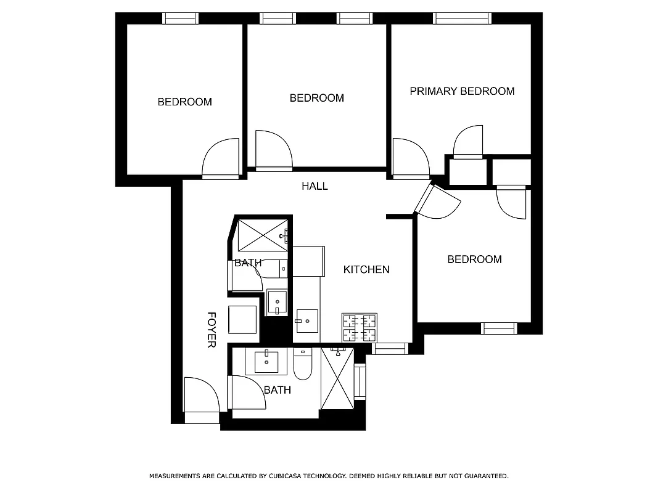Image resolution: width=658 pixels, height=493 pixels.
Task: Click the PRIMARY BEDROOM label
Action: click(x=462, y=91)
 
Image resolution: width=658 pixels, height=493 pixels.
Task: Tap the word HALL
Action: click(x=315, y=186)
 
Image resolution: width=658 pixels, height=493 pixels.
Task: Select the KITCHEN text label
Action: click(x=366, y=269)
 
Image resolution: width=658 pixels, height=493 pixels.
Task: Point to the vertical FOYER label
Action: click(x=211, y=330)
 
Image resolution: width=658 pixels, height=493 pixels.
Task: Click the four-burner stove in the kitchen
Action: click(x=360, y=327)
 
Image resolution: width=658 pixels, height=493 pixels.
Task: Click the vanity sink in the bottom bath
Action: click(x=266, y=361)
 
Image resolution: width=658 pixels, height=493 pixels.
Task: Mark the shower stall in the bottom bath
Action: click(x=338, y=378)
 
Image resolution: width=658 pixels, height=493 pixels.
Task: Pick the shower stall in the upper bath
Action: click(x=263, y=235)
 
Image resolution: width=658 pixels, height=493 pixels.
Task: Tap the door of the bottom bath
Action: click(x=247, y=393)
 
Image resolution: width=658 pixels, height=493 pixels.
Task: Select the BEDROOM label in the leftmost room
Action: click(x=184, y=102)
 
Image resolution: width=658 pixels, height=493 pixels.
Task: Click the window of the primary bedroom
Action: click(x=463, y=18)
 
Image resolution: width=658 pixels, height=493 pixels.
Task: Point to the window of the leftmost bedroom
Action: click(x=180, y=18)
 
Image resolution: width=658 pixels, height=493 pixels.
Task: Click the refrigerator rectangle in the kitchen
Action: click(x=308, y=261)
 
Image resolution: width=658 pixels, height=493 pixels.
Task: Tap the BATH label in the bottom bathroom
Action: click(x=278, y=390)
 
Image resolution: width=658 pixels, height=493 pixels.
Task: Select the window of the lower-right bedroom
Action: click(x=499, y=328)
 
